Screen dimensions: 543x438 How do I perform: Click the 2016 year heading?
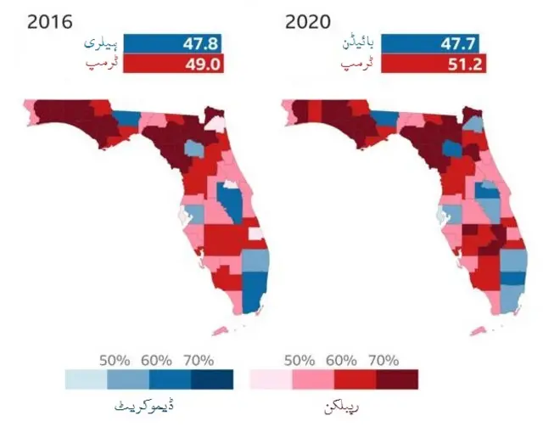[50, 23]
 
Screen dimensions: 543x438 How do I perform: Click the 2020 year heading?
[307, 23]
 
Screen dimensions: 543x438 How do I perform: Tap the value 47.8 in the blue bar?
[201, 44]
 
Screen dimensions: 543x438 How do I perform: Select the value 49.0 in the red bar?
[203, 65]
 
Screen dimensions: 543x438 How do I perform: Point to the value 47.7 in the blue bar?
[458, 44]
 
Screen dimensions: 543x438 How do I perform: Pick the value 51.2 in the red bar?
[465, 65]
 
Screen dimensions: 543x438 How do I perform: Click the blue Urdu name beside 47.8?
[101, 43]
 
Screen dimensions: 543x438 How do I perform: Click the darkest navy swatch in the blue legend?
[212, 379]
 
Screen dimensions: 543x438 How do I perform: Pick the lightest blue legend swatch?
[87, 379]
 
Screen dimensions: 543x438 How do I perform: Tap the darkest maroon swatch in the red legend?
[397, 379]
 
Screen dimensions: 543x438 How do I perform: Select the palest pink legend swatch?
[271, 379]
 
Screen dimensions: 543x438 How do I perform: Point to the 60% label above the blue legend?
[156, 361]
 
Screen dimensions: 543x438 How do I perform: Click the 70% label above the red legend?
[383, 361]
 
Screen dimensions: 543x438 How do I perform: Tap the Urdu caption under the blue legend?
[144, 406]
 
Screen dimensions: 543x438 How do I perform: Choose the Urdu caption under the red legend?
[341, 406]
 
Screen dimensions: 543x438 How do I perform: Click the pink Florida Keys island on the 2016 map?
[220, 331]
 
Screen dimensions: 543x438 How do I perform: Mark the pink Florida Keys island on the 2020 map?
[478, 331]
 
